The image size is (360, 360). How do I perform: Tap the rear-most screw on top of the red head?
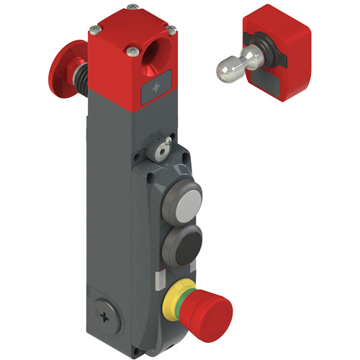[135, 13]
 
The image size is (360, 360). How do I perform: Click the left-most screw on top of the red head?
[94, 30]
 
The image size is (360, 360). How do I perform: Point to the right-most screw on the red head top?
[171, 29]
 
